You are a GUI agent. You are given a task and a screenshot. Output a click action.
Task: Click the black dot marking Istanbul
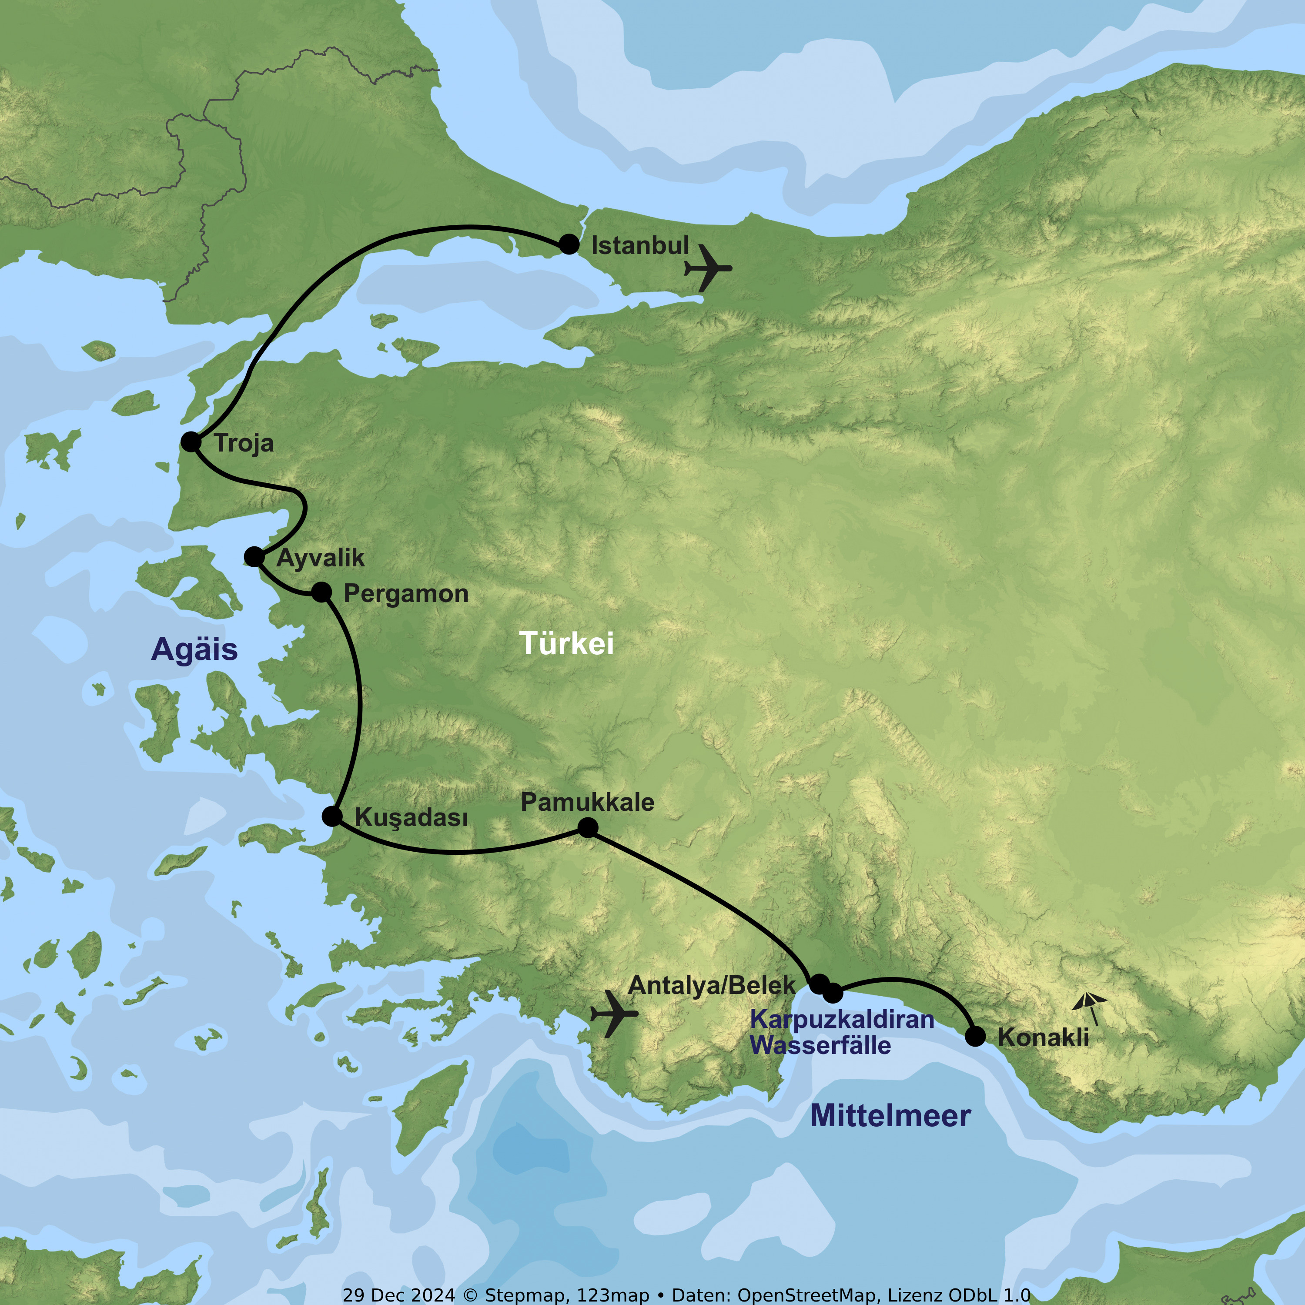(x=569, y=244)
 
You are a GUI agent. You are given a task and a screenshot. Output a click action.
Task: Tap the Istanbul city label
(x=639, y=246)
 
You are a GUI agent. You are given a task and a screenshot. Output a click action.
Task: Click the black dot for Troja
(x=191, y=442)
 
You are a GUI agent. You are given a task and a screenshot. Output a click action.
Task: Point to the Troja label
(x=244, y=444)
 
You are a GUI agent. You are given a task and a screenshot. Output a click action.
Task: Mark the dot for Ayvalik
(x=254, y=557)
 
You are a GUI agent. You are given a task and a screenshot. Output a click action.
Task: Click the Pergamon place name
(x=405, y=594)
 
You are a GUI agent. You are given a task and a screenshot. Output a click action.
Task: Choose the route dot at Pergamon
(x=321, y=592)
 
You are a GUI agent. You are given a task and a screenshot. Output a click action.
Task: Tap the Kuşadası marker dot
(x=331, y=816)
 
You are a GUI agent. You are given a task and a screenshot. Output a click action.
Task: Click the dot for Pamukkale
(x=588, y=827)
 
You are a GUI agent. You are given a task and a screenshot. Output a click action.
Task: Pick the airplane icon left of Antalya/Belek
(x=613, y=1013)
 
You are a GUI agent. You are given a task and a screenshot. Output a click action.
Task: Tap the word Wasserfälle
(x=820, y=1046)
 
